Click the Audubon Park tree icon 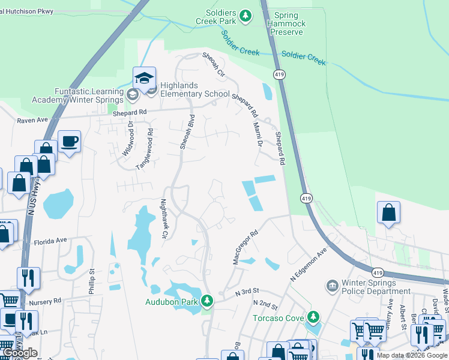(207, 300)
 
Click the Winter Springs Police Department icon (331, 286)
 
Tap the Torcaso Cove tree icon (312, 316)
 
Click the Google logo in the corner (19, 353)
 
